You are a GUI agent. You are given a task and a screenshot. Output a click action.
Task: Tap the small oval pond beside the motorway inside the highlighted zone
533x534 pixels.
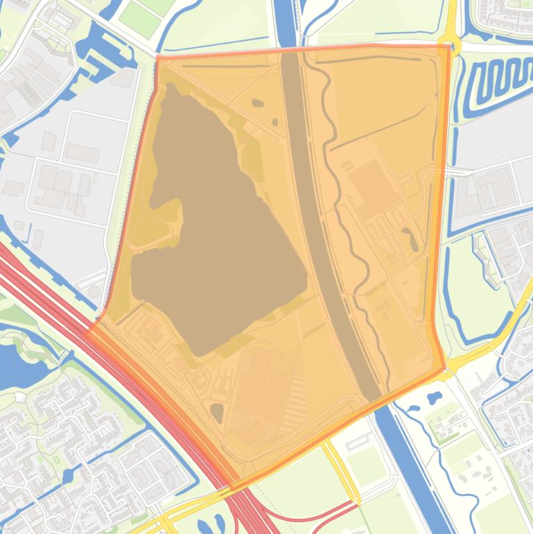[x=217, y=413]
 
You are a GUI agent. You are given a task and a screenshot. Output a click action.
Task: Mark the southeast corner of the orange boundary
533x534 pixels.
[x=444, y=368]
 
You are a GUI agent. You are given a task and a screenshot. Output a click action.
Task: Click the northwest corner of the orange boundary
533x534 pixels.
[x=158, y=58]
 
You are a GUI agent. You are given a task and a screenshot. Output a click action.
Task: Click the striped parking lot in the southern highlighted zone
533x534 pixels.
[x=295, y=402]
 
